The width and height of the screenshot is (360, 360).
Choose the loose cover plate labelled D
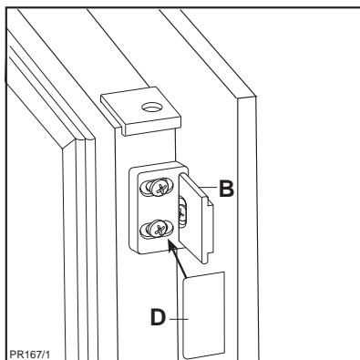click(x=202, y=314)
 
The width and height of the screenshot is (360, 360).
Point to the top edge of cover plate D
click(x=202, y=273)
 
